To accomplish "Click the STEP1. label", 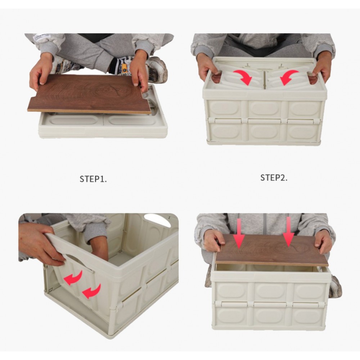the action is [x=93, y=179].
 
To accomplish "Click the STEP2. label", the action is [x=274, y=177].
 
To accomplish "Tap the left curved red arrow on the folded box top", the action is [x=243, y=77].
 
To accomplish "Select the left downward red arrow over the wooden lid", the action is [x=239, y=234].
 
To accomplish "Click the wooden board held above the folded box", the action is [x=90, y=94].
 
